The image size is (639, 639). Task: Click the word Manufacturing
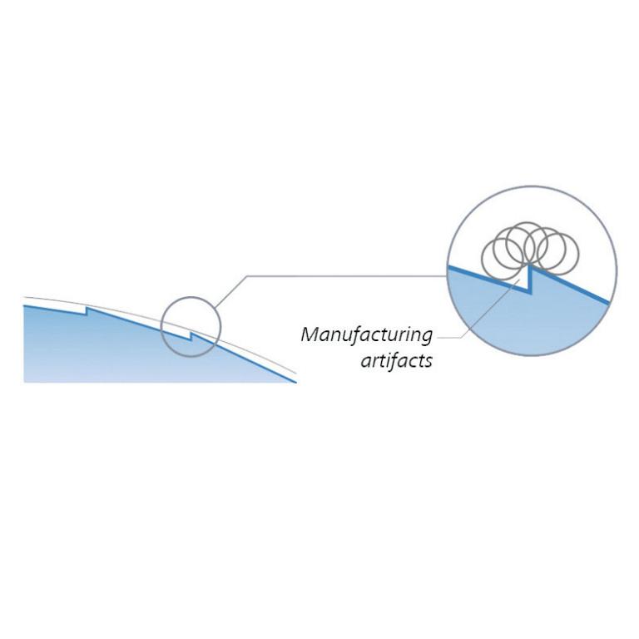367,334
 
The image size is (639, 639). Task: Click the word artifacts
396,361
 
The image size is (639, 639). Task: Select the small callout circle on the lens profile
191,327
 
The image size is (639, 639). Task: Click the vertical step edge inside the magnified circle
529,279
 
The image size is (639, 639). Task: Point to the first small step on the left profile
87,311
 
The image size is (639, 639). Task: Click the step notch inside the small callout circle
191,336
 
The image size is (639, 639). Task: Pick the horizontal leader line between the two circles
349,275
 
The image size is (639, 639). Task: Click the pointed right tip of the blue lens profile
295,382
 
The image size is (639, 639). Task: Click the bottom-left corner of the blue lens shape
25,381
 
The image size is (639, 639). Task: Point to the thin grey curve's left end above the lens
25,297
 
